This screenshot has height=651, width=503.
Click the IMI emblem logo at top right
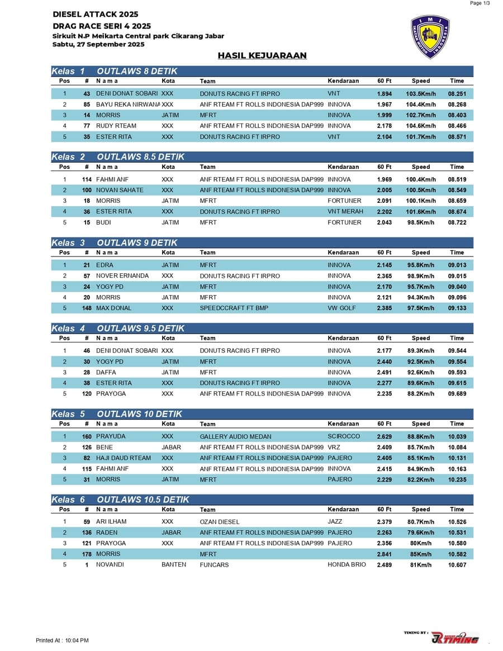tap(430, 37)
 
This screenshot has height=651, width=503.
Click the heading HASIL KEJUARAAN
tap(262, 56)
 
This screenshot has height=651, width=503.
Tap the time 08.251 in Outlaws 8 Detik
tap(457, 94)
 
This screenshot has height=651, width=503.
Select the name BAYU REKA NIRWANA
tap(128, 104)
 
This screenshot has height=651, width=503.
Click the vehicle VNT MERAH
tap(345, 212)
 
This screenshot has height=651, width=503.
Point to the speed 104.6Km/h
tap(420, 126)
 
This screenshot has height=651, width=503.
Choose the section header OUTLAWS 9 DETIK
tap(137, 243)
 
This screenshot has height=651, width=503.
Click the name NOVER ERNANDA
tap(122, 276)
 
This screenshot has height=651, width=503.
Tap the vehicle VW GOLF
tap(341, 308)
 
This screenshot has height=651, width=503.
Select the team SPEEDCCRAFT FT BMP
tap(234, 308)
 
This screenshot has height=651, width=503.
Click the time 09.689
tap(457, 394)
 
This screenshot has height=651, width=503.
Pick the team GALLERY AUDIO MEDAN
tap(235, 436)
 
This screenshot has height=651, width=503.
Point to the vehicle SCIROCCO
tap(344, 436)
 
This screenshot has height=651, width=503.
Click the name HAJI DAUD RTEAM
tap(124, 458)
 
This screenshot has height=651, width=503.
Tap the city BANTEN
tap(174, 565)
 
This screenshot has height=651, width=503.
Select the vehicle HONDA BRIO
tap(347, 565)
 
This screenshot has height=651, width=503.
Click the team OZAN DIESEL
tap(220, 522)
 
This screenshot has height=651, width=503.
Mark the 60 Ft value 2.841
tap(384, 554)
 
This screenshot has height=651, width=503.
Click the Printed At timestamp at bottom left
tap(62, 640)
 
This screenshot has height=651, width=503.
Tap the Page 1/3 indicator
tap(480, 3)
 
